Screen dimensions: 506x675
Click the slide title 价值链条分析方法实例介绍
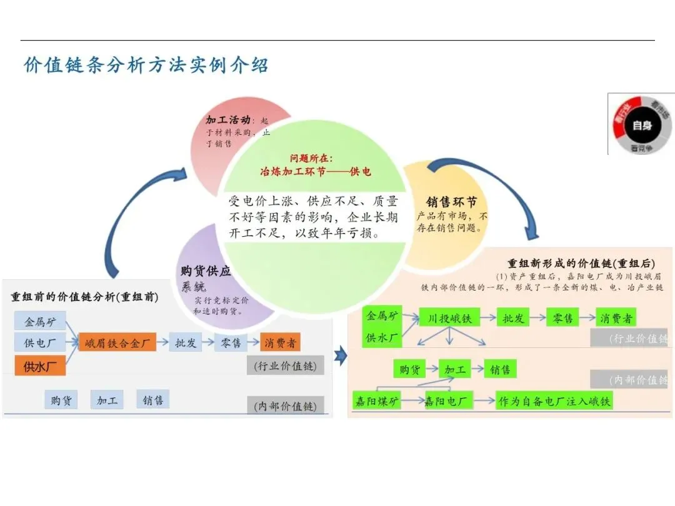click(146, 66)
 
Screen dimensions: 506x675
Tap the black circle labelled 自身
click(642, 126)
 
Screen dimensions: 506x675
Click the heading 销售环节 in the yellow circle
click(451, 202)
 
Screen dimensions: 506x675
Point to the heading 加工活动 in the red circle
click(228, 119)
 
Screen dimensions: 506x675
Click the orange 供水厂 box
click(40, 366)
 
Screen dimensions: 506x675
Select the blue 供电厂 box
click(40, 342)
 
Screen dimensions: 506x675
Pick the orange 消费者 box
click(280, 343)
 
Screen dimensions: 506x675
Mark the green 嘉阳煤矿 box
click(377, 401)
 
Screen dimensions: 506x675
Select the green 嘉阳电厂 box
click(447, 401)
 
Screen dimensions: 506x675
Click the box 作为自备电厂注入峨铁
click(554, 401)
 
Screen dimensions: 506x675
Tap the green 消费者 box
click(616, 318)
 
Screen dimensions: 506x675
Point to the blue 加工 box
click(107, 400)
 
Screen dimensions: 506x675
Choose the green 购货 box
click(409, 370)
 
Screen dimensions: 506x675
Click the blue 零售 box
click(231, 343)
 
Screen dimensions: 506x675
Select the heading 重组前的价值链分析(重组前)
click(84, 297)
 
